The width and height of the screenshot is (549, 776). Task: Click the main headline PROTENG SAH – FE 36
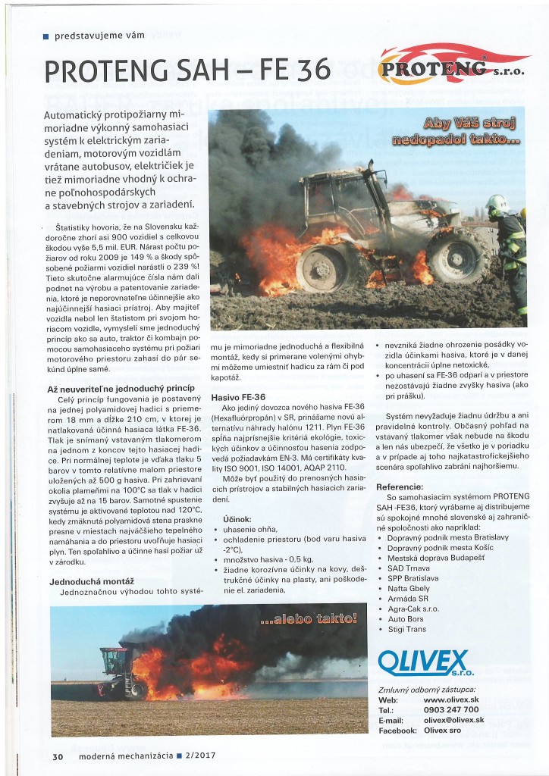point(188,70)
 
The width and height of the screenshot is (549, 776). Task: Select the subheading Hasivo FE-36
point(239,396)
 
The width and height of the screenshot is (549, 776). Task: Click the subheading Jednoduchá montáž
point(81,580)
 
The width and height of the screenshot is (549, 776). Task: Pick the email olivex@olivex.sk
point(453,720)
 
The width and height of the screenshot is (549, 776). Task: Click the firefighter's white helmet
point(497,204)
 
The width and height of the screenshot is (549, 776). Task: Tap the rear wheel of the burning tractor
point(457,258)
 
